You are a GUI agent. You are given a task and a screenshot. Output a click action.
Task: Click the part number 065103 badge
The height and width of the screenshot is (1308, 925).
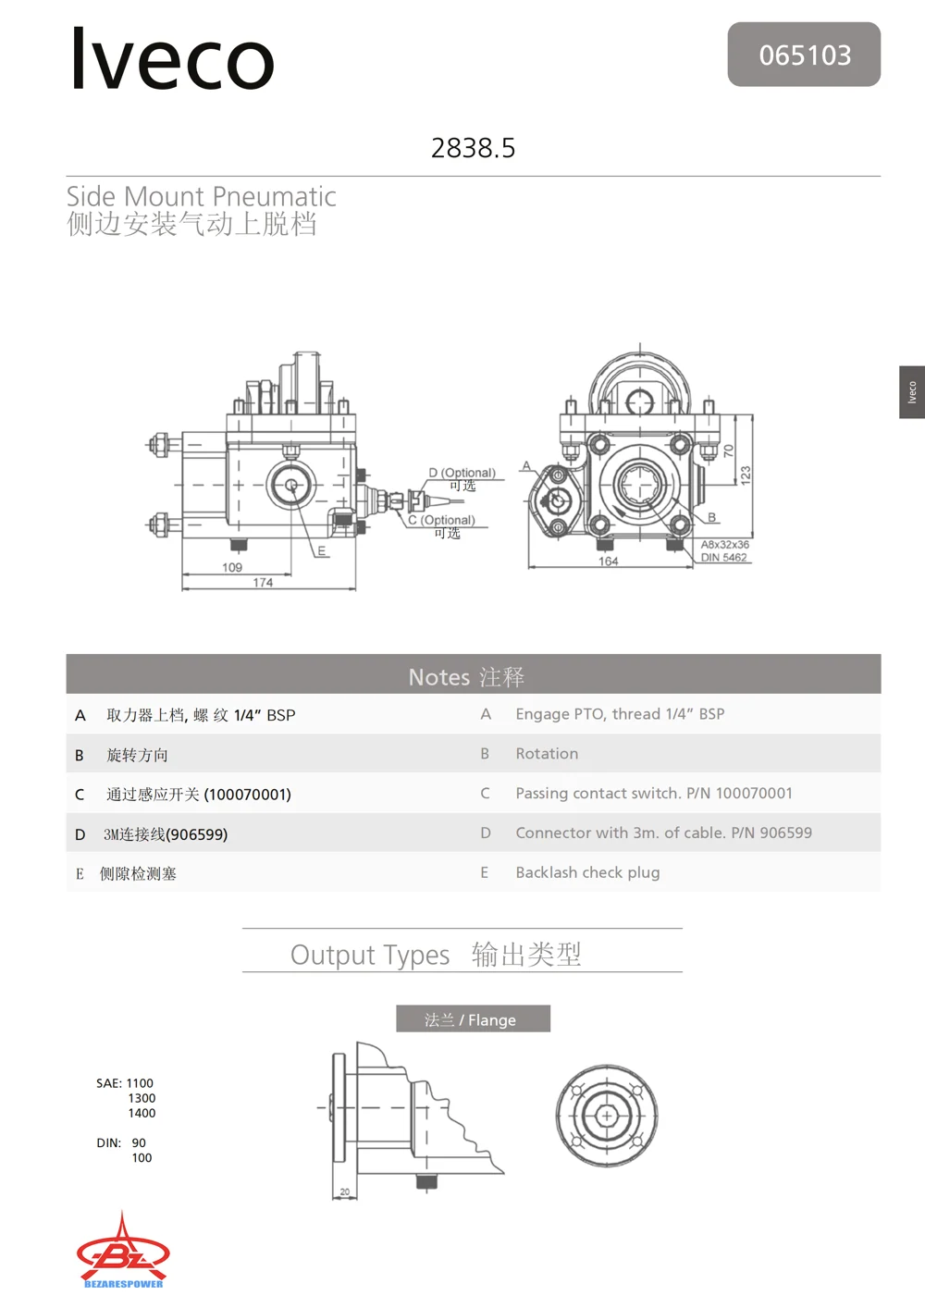click(x=804, y=55)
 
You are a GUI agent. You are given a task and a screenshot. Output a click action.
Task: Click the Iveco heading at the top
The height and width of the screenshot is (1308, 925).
click(x=172, y=59)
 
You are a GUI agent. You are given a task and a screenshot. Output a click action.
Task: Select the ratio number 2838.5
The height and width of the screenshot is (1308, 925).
click(x=473, y=148)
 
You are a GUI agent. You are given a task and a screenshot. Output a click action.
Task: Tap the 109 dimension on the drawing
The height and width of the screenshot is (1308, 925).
click(x=232, y=567)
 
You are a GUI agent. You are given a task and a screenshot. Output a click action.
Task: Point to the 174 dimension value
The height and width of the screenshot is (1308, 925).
click(x=263, y=582)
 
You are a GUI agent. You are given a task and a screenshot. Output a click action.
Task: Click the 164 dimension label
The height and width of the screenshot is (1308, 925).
click(x=608, y=561)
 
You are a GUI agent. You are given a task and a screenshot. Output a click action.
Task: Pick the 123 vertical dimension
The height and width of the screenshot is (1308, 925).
click(x=746, y=475)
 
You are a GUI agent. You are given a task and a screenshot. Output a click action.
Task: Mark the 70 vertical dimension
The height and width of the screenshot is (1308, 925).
click(x=728, y=450)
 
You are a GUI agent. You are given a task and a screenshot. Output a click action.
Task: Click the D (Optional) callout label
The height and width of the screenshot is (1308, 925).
click(x=462, y=473)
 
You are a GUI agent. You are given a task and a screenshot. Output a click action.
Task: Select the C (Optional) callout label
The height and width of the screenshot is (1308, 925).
click(x=441, y=520)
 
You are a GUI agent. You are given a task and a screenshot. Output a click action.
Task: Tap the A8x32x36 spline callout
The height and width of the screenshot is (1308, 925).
click(x=724, y=544)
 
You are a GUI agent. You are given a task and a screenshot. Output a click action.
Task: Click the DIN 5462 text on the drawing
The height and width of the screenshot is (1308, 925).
click(x=723, y=557)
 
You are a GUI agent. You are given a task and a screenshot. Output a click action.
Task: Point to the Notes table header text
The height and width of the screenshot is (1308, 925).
click(x=466, y=677)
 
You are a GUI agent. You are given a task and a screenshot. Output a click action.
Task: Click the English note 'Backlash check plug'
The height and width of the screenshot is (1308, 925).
click(x=587, y=872)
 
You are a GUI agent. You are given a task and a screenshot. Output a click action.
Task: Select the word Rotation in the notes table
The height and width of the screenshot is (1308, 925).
click(x=547, y=753)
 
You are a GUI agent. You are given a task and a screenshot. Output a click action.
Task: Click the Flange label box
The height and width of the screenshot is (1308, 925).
click(x=473, y=1019)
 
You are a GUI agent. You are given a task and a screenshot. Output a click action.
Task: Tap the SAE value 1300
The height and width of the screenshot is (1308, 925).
click(x=142, y=1098)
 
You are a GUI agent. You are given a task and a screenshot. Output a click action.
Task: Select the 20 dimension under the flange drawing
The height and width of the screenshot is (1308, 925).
click(x=344, y=1191)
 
